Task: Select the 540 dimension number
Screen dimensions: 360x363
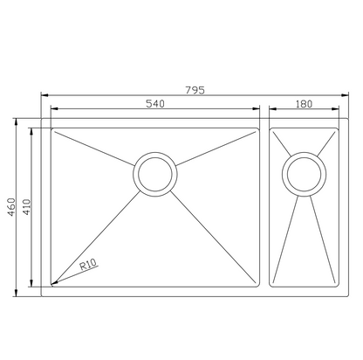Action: [x=154, y=104]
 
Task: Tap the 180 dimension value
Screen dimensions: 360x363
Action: [x=304, y=104]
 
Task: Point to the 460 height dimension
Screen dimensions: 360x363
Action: [x=11, y=206]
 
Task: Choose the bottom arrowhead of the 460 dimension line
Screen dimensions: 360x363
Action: [x=18, y=291]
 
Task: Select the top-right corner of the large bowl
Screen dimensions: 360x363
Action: [x=259, y=129]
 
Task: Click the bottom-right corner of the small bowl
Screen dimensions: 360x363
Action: [x=338, y=285]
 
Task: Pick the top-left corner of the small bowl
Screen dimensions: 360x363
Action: [x=271, y=129]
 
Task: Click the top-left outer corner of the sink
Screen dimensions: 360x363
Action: [x=42, y=120]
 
